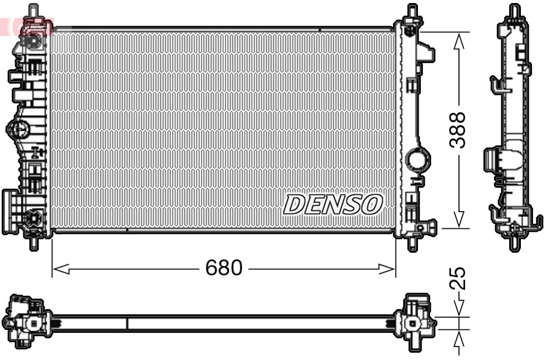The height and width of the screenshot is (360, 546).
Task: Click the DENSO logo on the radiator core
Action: click(333, 205)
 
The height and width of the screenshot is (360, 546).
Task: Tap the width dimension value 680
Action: click(224, 268)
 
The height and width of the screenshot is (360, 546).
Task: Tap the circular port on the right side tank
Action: click(417, 161)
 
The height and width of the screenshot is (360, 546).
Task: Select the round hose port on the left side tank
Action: click(17, 129)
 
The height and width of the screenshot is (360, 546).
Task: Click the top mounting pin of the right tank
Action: click(412, 11)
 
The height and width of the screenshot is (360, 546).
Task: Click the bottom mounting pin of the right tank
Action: click(412, 243)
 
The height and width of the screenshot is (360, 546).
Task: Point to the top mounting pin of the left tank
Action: click(32, 10)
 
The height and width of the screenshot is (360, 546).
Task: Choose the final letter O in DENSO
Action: click(371, 205)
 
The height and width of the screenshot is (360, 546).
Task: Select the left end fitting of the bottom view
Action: click(25, 322)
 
